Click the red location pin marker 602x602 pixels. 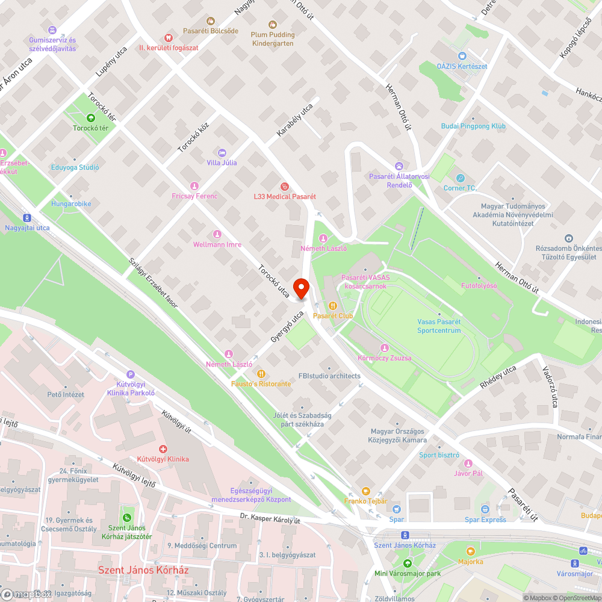[x=301, y=288]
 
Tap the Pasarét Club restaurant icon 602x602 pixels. [x=332, y=305]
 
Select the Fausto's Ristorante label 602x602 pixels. [x=261, y=383]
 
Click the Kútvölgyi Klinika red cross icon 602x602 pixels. [x=163, y=449]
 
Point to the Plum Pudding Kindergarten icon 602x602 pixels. [x=273, y=25]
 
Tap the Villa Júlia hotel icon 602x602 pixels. [x=222, y=153]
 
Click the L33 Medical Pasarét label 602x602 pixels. [x=285, y=196]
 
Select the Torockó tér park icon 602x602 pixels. [x=90, y=118]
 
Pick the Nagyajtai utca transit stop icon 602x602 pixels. [x=27, y=217]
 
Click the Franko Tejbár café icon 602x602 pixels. [x=365, y=491]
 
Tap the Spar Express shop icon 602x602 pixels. [x=485, y=509]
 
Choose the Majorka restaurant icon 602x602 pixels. [x=470, y=551]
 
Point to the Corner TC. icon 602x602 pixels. [x=460, y=178]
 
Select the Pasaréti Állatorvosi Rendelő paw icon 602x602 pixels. [x=399, y=166]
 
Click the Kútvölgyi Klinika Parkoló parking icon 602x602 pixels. [x=131, y=374]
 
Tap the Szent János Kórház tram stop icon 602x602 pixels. [x=405, y=535]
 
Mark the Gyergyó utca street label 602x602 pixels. [x=287, y=327]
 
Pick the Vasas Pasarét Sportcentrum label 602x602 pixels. [x=439, y=326]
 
